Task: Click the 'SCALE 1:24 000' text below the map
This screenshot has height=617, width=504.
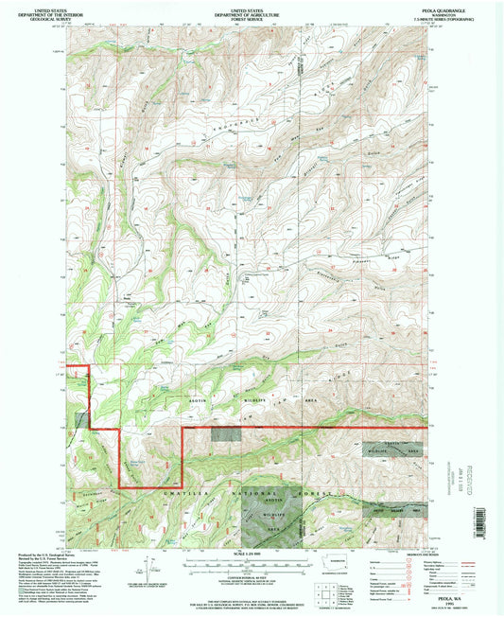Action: pos(252,554)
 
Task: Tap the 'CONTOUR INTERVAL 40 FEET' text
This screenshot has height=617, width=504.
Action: pos(252,572)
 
